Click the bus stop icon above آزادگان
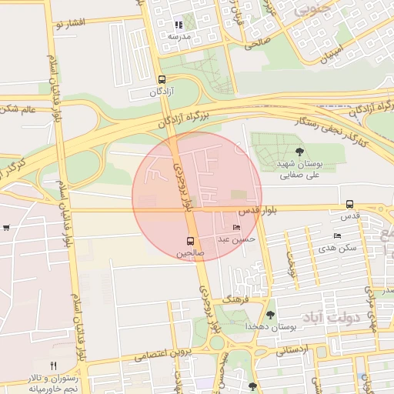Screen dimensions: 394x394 click(x=161, y=79)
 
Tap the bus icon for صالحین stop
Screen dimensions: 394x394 click(x=190, y=241)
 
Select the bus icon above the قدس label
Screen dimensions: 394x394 click(x=350, y=205)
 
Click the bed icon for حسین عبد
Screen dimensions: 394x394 click(x=236, y=228)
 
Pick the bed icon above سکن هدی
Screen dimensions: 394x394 click(x=337, y=235)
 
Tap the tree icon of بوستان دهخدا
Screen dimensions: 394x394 click(x=270, y=314)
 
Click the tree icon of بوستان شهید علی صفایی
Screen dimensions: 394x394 click(x=299, y=152)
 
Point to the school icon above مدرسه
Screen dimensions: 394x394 click(x=179, y=25)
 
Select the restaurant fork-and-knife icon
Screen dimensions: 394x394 click(x=53, y=366)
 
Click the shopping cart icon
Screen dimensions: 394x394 click(x=6, y=228)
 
